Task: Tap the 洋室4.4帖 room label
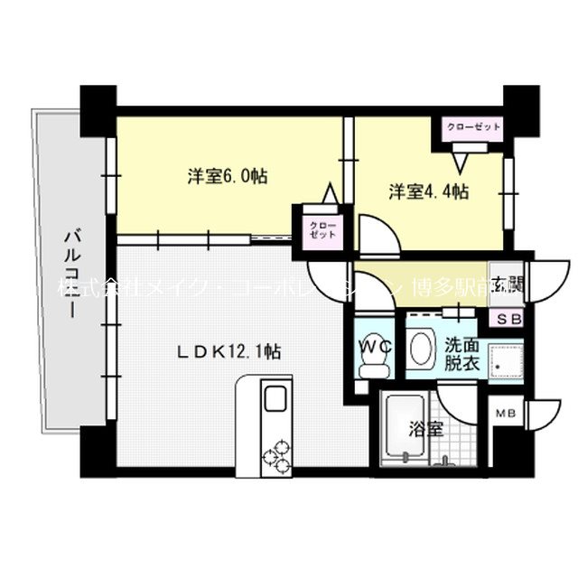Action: (x=428, y=191)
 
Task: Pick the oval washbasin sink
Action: (x=420, y=350)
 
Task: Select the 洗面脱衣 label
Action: (x=461, y=352)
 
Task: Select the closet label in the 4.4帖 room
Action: (x=471, y=127)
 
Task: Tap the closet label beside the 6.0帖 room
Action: (x=322, y=228)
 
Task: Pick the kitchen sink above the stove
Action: (x=275, y=401)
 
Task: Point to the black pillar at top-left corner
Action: (x=100, y=98)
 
